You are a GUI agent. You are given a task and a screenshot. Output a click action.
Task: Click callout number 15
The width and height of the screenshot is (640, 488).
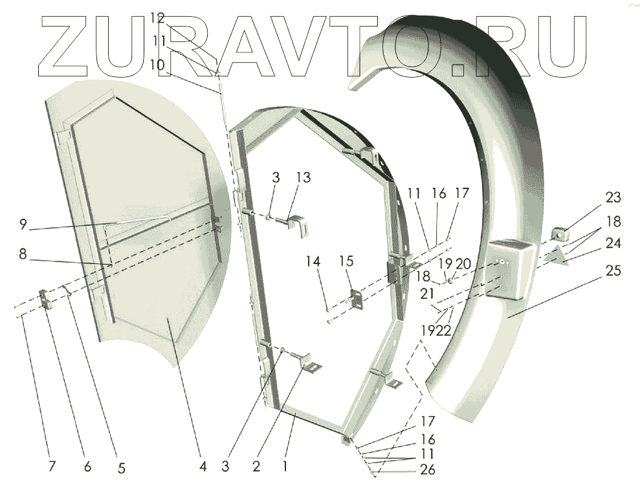pyautogui.click(x=346, y=261)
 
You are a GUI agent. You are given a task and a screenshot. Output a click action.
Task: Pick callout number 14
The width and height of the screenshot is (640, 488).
pyautogui.click(x=313, y=261)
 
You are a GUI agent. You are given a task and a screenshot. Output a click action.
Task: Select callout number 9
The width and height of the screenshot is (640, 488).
pyautogui.click(x=23, y=225)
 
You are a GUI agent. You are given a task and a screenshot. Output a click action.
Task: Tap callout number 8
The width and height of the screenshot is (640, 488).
pyautogui.click(x=23, y=254)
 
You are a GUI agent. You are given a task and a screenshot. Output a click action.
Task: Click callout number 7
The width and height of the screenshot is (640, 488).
pyautogui.click(x=52, y=466)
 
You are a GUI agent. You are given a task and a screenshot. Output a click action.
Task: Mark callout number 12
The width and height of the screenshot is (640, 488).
pyautogui.click(x=158, y=19)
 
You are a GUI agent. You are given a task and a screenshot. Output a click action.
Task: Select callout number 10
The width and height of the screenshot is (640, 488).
pyautogui.click(x=158, y=65)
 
